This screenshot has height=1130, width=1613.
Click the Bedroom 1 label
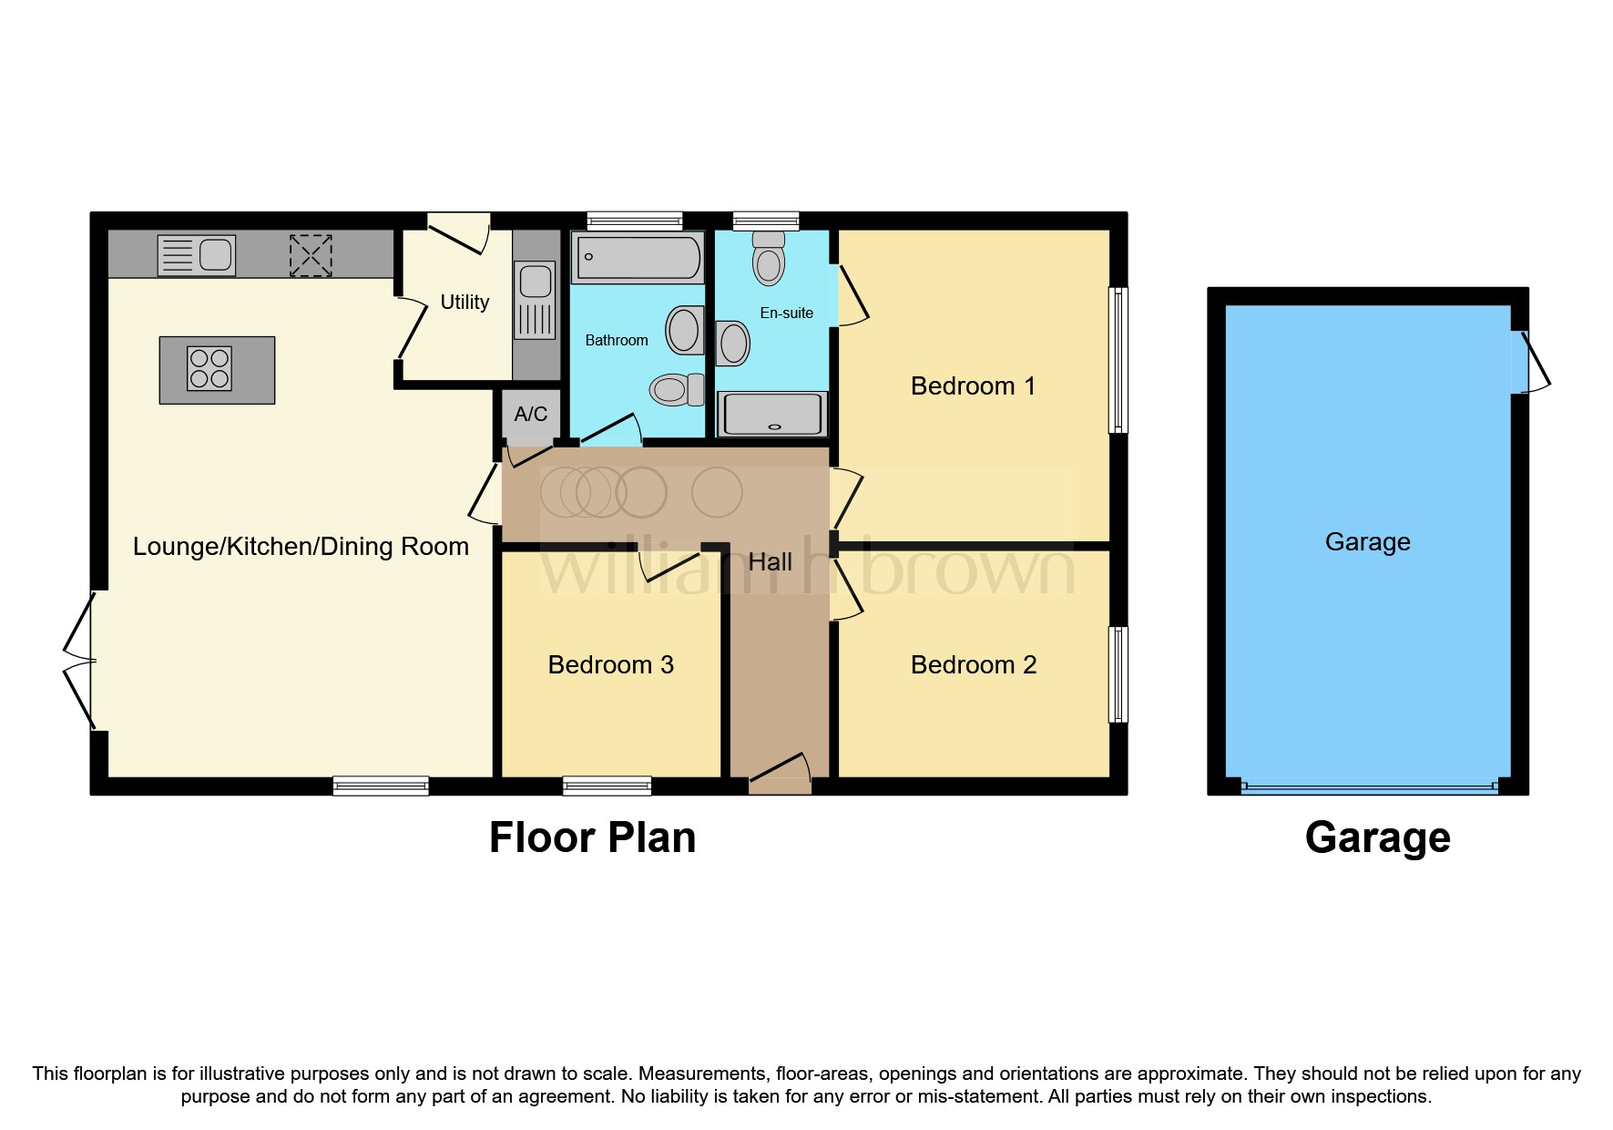tap(973, 386)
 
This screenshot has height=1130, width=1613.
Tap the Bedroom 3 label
tap(610, 665)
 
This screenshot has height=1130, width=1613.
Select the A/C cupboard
tap(531, 416)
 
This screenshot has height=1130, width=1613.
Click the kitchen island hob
tap(209, 368)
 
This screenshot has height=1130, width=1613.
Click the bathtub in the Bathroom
tap(637, 257)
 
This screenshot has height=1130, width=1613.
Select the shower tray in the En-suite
tap(772, 414)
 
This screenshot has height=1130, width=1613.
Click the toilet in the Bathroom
tap(675, 390)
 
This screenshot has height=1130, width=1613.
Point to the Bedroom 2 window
tap(1118, 674)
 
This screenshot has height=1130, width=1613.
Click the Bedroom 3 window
tap(607, 786)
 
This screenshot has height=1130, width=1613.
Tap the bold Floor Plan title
tap(592, 837)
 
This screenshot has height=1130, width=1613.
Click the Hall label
tap(770, 562)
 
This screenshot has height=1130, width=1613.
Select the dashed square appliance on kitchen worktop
tap(311, 255)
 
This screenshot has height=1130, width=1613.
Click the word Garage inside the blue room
tap(1367, 542)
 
